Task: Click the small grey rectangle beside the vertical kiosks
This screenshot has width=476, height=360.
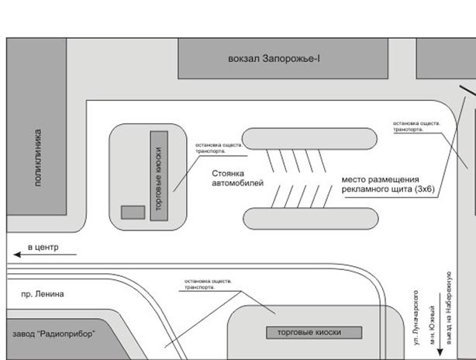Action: tap(133, 212)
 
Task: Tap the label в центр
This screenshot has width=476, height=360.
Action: tap(42, 247)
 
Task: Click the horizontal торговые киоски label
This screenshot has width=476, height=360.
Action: tap(314, 333)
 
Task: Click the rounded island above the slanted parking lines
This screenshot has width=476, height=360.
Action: tap(310, 139)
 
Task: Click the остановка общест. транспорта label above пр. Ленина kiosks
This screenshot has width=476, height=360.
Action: tap(205, 283)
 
